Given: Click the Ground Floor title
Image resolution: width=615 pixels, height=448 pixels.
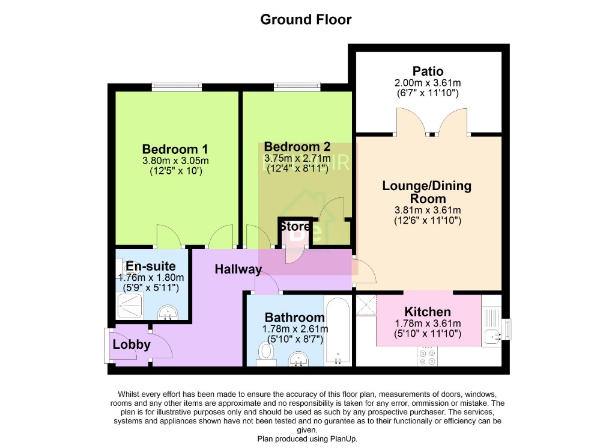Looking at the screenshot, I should (x=306, y=19).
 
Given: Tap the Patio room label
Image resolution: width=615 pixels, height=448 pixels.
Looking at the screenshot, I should (x=428, y=71).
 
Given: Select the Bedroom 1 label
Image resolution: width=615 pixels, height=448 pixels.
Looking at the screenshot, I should (x=175, y=149).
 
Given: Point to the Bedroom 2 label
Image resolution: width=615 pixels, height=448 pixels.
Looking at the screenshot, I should (x=297, y=146).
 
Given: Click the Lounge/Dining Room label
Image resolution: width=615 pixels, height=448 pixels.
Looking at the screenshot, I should (x=427, y=192).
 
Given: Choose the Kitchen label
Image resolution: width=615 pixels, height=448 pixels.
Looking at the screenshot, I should (x=427, y=311).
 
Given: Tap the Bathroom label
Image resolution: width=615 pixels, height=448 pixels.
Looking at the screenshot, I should (x=295, y=317).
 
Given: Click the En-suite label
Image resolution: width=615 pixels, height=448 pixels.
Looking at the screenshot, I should (x=150, y=265).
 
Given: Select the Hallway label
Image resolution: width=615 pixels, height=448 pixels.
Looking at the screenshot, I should (x=238, y=269).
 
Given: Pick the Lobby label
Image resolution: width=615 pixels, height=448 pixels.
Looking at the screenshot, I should (x=131, y=345).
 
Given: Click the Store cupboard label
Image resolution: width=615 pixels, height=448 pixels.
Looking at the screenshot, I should (x=294, y=227).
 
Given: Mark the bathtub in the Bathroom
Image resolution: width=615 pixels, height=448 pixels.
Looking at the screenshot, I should (x=338, y=331).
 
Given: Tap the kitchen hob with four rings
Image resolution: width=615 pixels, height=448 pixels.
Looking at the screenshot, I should (x=428, y=358).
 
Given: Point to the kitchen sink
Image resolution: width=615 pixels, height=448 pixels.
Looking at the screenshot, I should (x=492, y=334).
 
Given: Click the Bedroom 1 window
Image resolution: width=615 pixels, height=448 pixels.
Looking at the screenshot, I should (x=177, y=87).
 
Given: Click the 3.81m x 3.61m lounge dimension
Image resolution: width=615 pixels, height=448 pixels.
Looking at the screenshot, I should (x=427, y=210).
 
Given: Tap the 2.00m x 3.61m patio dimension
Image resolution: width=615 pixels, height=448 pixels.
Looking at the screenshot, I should (x=428, y=83).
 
